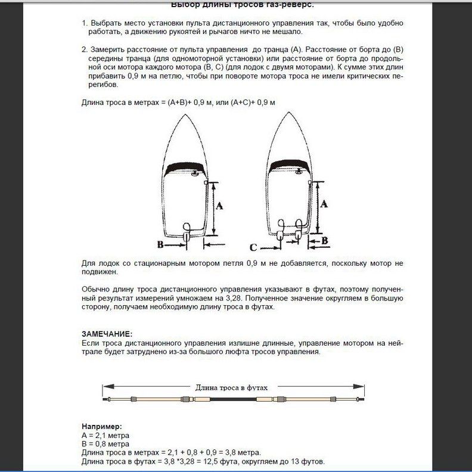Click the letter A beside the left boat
[219, 206]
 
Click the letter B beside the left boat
[160, 244]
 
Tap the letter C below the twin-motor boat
[253, 247]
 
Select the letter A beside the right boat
[324, 203]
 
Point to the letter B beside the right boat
[325, 241]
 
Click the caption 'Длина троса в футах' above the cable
[232, 387]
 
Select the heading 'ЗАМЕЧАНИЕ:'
[107, 334]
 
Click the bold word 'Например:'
[101, 427]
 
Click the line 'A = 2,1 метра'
[105, 436]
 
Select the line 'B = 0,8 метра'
[105, 444]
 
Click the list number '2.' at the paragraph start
[85, 49]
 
